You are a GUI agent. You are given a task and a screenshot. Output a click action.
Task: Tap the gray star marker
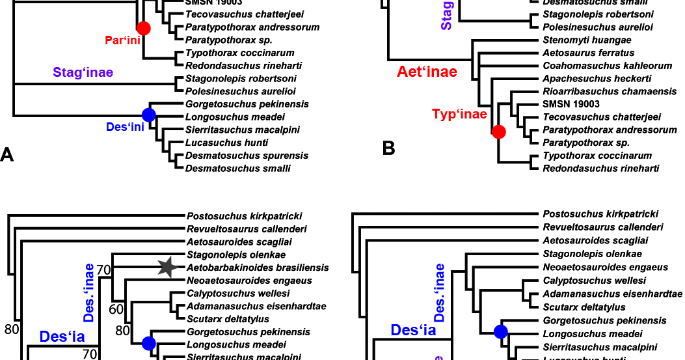tap(167, 266)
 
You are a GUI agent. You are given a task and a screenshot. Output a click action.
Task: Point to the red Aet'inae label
tap(427, 72)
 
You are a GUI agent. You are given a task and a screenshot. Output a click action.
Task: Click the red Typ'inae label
tap(459, 115)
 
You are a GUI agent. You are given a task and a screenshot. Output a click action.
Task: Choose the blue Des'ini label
tap(125, 128)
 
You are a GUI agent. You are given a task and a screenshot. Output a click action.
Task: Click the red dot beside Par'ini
tap(143, 28)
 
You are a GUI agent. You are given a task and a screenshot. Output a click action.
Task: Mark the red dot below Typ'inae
tap(498, 132)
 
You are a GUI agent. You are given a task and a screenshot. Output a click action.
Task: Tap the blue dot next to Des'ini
tap(148, 115)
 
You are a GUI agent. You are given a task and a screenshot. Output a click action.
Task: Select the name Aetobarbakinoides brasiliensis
tap(258, 268)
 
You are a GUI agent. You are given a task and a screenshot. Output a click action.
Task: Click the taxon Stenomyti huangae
tap(587, 40)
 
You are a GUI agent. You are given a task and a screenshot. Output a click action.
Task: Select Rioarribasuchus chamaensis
tap(610, 92)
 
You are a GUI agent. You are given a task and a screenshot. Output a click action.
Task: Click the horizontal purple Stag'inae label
tap(83, 72)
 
